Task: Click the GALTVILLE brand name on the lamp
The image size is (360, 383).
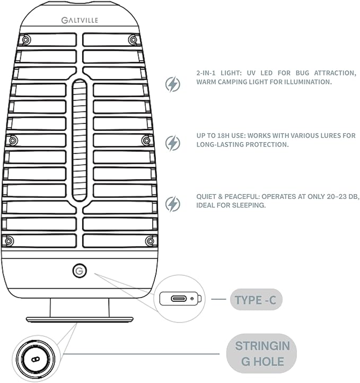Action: (x=80, y=20)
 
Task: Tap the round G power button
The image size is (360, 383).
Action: (x=80, y=271)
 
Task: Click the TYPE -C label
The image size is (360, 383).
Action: (x=256, y=300)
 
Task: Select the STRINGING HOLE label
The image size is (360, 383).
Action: (x=262, y=353)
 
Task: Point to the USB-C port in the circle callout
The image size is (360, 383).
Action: (x=179, y=299)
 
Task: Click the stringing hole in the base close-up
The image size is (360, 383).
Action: (x=36, y=359)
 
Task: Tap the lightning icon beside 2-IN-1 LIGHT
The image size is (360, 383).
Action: (x=173, y=84)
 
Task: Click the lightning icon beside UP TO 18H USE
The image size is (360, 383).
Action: (x=173, y=143)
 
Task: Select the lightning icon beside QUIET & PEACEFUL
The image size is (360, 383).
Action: (x=173, y=204)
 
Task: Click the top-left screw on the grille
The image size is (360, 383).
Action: (x=26, y=39)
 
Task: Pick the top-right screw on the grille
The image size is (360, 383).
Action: (x=133, y=40)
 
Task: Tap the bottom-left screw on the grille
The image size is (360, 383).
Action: (x=9, y=241)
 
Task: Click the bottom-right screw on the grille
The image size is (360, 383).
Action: (x=150, y=241)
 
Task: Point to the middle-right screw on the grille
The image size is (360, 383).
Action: (x=146, y=141)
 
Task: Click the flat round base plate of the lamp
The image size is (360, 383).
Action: (x=80, y=319)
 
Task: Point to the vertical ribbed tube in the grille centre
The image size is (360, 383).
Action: (x=80, y=140)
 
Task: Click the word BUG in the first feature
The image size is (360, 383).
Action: (x=302, y=73)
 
